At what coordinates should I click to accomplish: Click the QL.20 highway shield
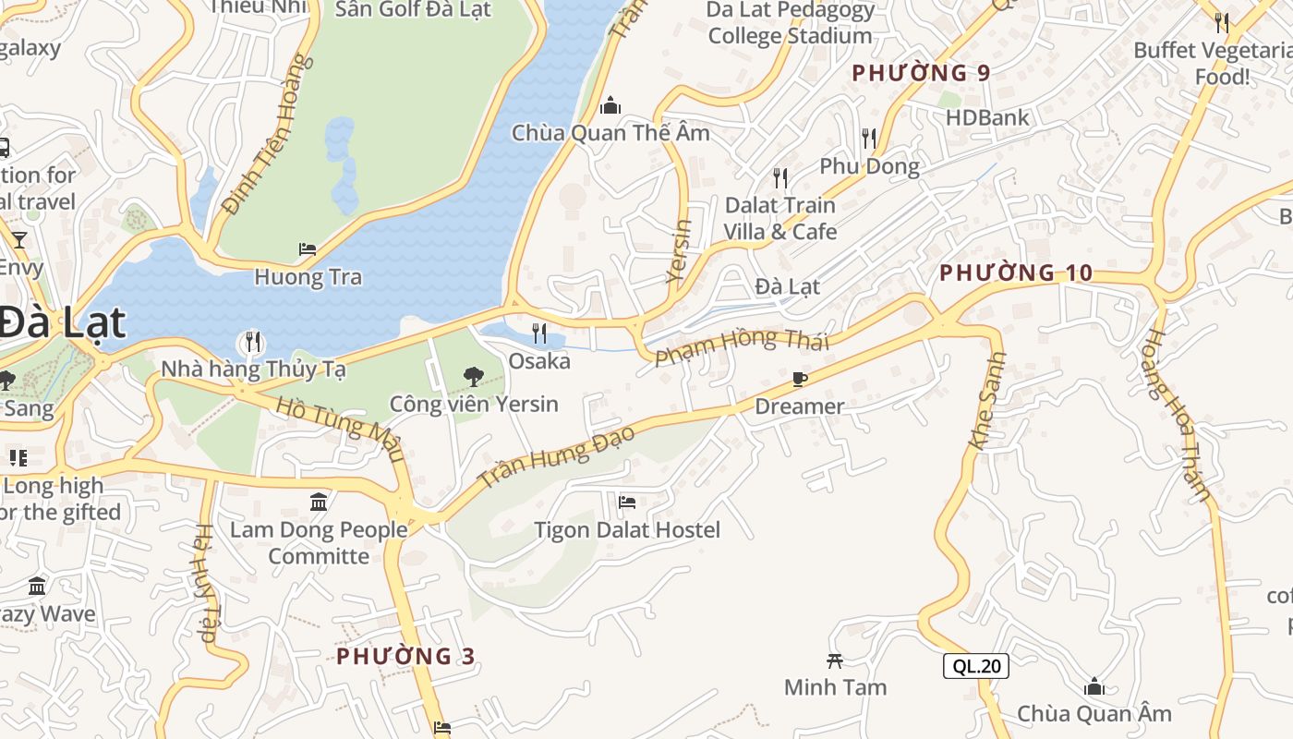(975, 666)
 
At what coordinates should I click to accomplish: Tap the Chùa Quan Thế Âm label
(610, 133)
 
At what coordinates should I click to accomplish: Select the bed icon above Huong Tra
(308, 249)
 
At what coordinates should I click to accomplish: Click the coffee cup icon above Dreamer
(800, 379)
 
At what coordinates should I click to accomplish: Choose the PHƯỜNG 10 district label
(1016, 273)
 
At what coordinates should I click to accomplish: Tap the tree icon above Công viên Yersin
(474, 376)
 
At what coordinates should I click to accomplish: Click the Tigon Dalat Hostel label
(627, 530)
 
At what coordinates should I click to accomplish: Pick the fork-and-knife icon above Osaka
(539, 333)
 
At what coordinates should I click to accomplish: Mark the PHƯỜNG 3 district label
(405, 656)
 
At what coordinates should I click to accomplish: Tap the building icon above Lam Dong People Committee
(319, 502)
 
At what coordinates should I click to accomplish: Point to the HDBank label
(987, 118)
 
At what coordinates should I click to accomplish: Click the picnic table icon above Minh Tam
(835, 660)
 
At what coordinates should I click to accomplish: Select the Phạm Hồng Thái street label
(742, 345)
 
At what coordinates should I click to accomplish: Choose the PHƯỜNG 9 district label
(921, 73)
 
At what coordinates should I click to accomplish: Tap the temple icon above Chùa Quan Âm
(1094, 686)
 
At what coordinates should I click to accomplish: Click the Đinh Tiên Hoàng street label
(263, 134)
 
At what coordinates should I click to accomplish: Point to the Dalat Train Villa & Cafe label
(779, 218)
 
